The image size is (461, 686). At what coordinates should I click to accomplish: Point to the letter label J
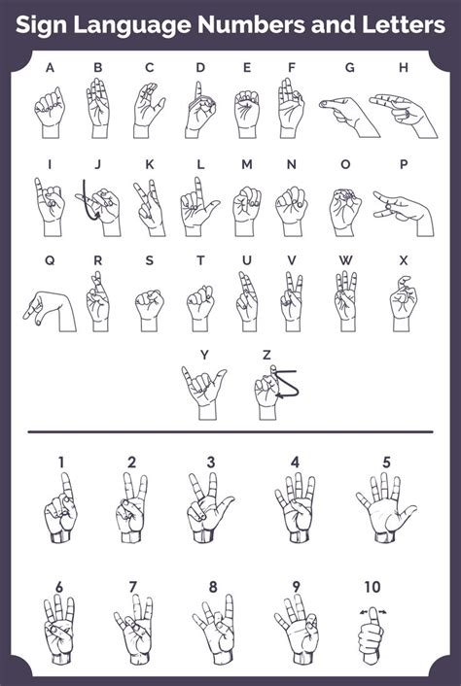(97, 164)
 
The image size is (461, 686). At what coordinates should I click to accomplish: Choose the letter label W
(346, 259)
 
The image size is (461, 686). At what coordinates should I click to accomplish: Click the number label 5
(386, 462)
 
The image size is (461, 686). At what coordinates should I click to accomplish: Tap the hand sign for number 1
(60, 510)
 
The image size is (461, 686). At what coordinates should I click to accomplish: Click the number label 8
(211, 586)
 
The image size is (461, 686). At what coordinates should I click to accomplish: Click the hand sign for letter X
(403, 301)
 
